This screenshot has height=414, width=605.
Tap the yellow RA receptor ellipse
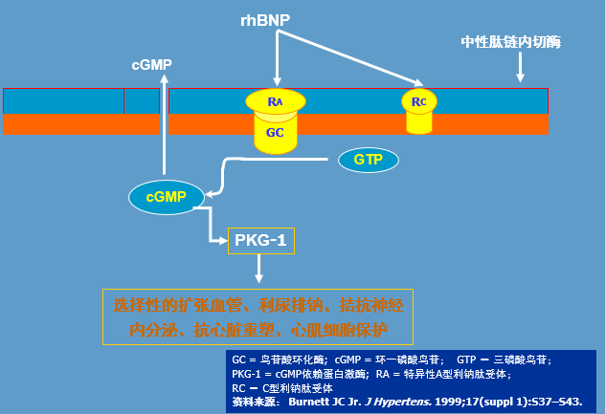click(276, 100)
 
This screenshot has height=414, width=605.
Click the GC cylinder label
click(275, 133)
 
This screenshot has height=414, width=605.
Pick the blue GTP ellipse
click(368, 159)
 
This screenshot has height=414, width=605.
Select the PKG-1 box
click(260, 241)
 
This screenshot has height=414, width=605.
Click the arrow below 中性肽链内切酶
click(520, 67)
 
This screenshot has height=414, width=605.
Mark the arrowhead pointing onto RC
click(418, 82)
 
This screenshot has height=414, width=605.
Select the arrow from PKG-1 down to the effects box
click(258, 270)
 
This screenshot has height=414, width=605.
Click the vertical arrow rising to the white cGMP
click(164, 124)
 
